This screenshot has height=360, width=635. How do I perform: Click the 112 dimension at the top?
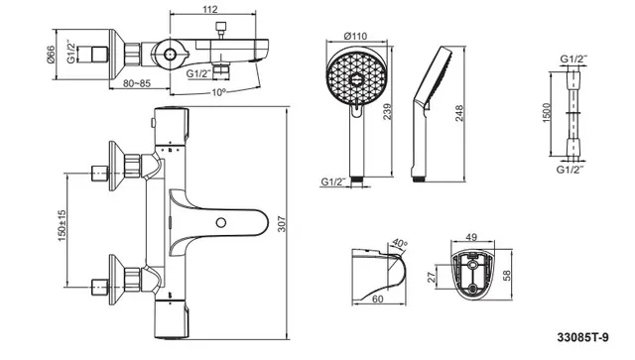209,9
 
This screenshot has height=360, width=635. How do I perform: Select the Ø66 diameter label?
51,55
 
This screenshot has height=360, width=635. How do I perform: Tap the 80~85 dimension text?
137,83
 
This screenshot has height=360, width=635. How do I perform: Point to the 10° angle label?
219,92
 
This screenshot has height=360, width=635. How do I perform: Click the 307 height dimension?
282,224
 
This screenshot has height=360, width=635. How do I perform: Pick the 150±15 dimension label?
62,225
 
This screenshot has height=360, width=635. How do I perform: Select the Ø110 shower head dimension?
355,36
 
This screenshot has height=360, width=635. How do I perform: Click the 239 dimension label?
387,112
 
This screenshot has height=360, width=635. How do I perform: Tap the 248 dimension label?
458,114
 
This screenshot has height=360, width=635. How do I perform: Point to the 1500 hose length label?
547,113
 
